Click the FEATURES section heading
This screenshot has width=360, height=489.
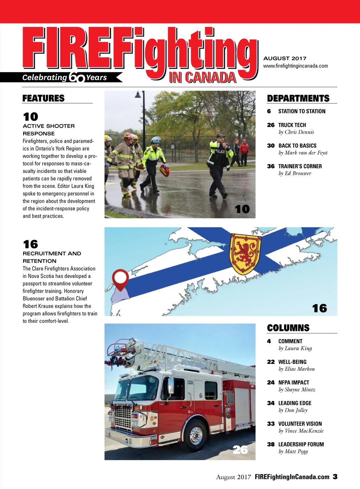click(x=43, y=98)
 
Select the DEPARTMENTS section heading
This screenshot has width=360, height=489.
click(x=298, y=98)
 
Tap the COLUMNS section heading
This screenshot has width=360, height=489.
click(x=288, y=328)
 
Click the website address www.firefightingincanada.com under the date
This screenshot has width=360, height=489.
click(x=295, y=66)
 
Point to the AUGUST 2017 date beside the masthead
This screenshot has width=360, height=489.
click(x=285, y=58)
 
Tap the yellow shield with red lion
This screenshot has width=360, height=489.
click(x=245, y=254)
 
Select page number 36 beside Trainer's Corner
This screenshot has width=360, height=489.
click(x=271, y=167)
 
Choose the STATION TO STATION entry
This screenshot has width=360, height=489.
click(x=302, y=111)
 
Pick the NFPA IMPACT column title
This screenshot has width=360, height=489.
click(x=294, y=383)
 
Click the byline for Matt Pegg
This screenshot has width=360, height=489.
click(x=293, y=451)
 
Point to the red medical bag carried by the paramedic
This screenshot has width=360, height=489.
click(x=164, y=171)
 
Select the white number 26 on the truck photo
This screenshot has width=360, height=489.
click(x=240, y=450)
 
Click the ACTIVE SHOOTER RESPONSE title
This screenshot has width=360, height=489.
click(x=49, y=130)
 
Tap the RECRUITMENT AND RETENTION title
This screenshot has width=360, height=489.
click(x=52, y=257)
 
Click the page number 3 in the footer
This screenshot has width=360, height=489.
click(x=335, y=477)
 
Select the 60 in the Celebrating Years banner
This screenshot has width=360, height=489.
click(x=77, y=77)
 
